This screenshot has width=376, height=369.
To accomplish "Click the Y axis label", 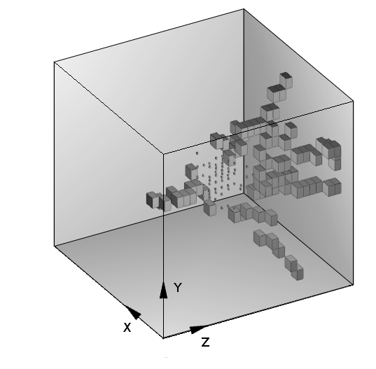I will coord(178,288).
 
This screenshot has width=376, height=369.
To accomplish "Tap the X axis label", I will coord(127,327).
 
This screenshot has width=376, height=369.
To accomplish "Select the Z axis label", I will coord(205,342).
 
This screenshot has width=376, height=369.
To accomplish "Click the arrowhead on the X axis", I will coord(133,313).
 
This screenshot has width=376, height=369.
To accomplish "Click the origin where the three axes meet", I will coord(163,337).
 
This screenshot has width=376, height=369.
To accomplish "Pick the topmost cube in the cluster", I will coord(284,78).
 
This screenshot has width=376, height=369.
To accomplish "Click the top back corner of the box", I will coord(244,10).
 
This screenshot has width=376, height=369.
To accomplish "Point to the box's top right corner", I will coord(353,102).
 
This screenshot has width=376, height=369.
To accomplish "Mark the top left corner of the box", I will coord(55,62).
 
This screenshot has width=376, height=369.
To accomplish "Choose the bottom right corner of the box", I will coord(352,286).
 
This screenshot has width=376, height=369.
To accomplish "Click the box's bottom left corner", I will coord(55,246).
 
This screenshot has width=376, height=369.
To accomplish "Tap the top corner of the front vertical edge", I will coord(163,152).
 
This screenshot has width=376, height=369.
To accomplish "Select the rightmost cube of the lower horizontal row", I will coord(333,186).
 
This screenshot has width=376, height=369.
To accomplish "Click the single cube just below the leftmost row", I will coord(209,208).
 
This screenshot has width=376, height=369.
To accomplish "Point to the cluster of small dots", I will coord(221,179).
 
